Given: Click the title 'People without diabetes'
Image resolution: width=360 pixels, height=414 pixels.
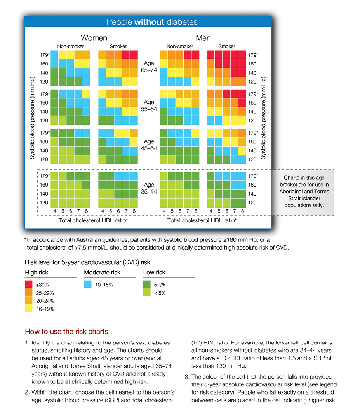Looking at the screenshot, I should click(x=152, y=22).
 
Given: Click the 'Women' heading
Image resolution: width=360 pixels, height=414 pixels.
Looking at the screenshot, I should click(x=94, y=38).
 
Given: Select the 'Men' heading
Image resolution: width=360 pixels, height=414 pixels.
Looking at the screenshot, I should click(x=203, y=38).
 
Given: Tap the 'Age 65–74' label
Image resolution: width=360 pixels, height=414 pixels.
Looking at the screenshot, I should click(x=149, y=67).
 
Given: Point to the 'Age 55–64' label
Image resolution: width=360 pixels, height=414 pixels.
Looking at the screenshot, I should click(x=149, y=106).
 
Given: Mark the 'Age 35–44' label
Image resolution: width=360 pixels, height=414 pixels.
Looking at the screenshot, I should click(x=149, y=189).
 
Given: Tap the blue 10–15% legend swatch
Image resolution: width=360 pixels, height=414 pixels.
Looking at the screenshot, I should click(x=88, y=285).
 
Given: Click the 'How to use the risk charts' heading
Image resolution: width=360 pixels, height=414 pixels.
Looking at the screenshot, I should click(x=66, y=332).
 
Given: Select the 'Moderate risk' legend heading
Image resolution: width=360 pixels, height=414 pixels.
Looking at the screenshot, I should click(x=102, y=273).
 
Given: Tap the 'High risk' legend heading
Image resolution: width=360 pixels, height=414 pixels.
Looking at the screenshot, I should click(x=37, y=273).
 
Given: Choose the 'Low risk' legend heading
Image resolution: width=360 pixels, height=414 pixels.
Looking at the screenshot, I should click(x=154, y=273).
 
